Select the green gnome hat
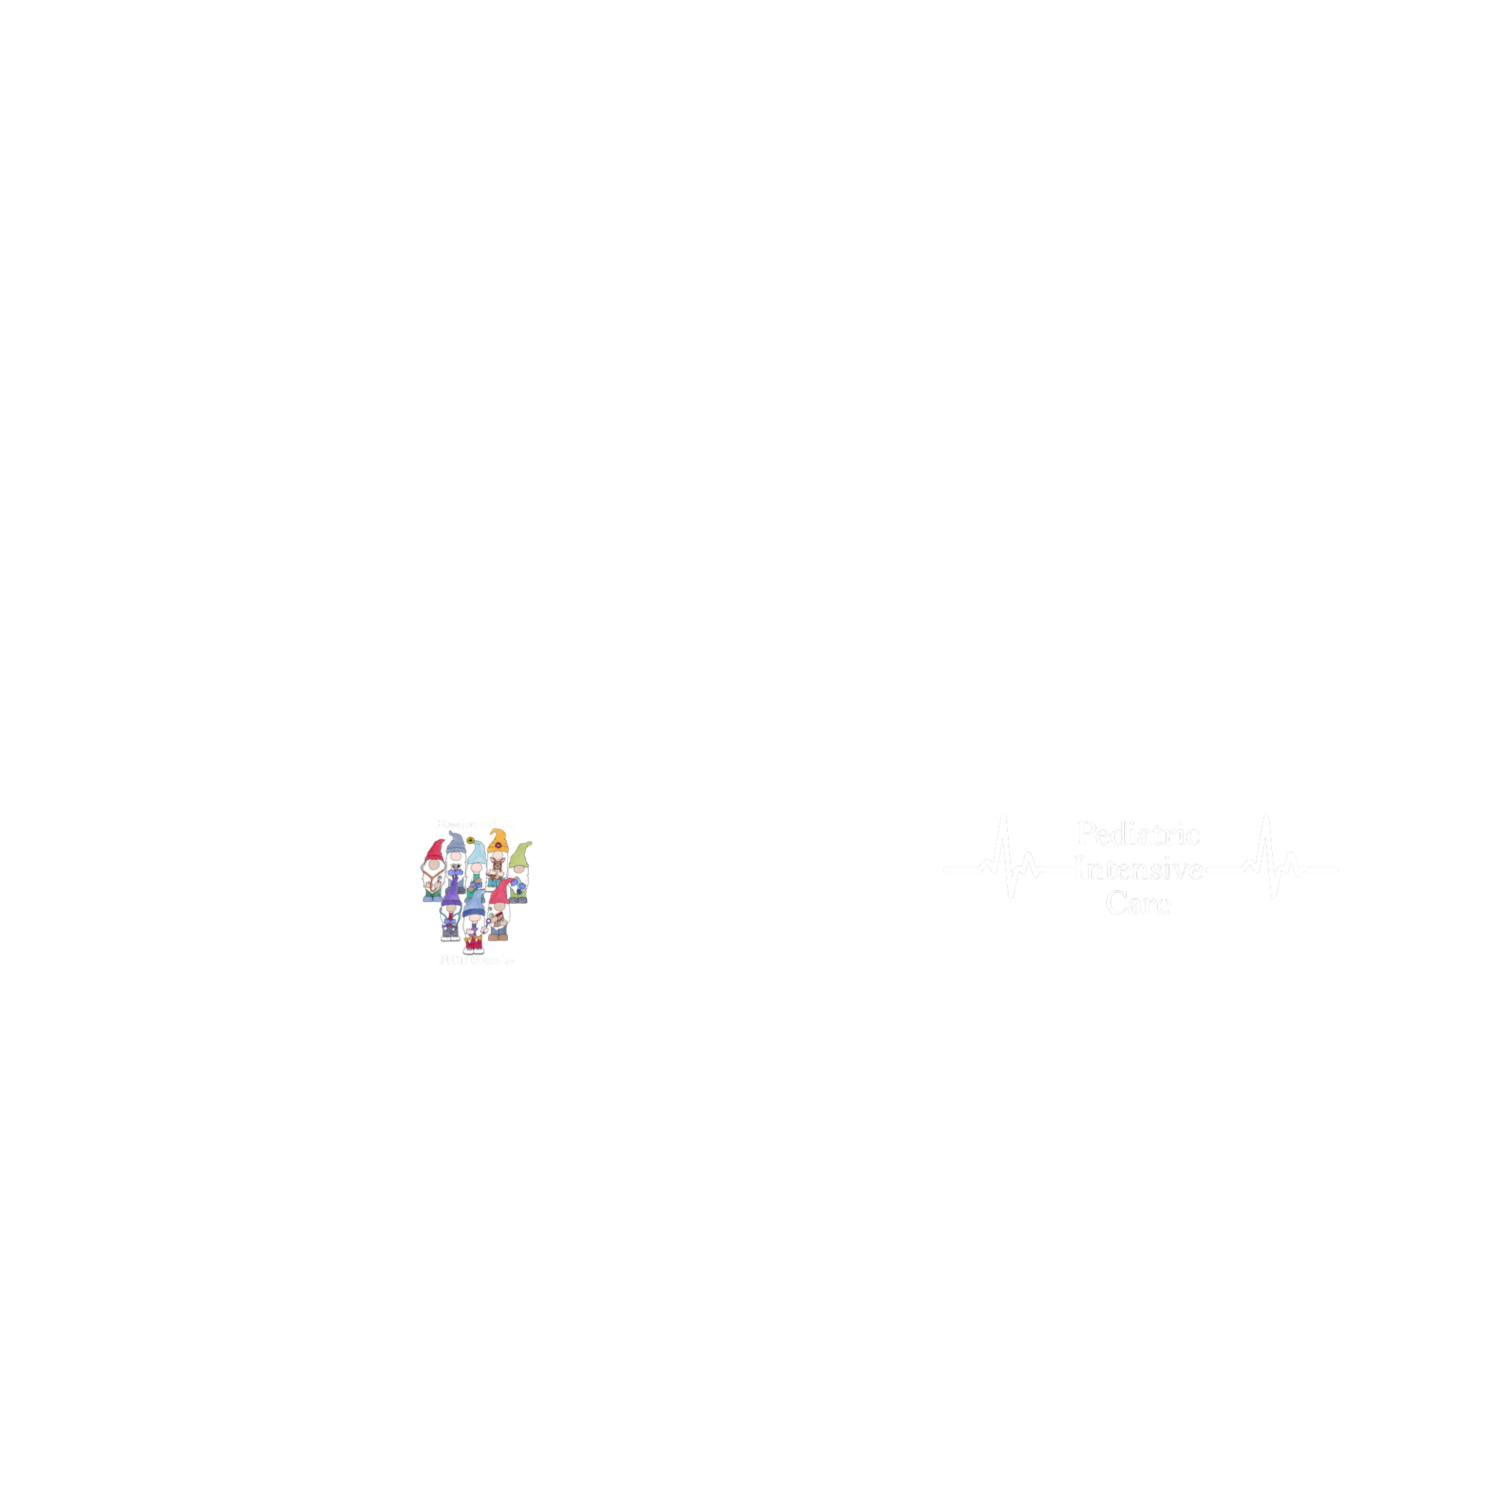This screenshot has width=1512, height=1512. [x=522, y=853]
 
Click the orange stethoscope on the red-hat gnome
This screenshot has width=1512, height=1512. [x=432, y=879]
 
